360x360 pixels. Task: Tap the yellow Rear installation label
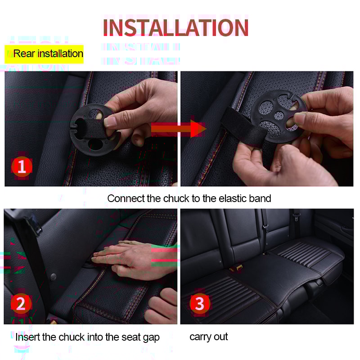[x=45, y=54]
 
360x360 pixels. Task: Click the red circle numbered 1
[x=21, y=167]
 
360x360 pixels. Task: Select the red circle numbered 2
[x=21, y=304]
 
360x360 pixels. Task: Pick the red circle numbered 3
[x=199, y=304]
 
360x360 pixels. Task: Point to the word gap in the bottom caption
[x=151, y=337]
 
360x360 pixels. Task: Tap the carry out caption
[x=208, y=337]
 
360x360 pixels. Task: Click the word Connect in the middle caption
[x=125, y=198]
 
